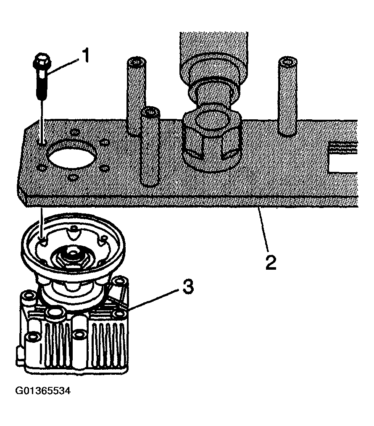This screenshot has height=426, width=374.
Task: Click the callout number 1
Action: click(x=86, y=56)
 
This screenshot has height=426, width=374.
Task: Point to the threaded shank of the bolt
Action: click(x=42, y=86)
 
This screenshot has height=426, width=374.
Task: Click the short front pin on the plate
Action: click(x=150, y=147)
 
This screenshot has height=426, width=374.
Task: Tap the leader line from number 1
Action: click(x=63, y=66)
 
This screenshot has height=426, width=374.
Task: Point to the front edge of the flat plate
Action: click(x=168, y=202)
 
